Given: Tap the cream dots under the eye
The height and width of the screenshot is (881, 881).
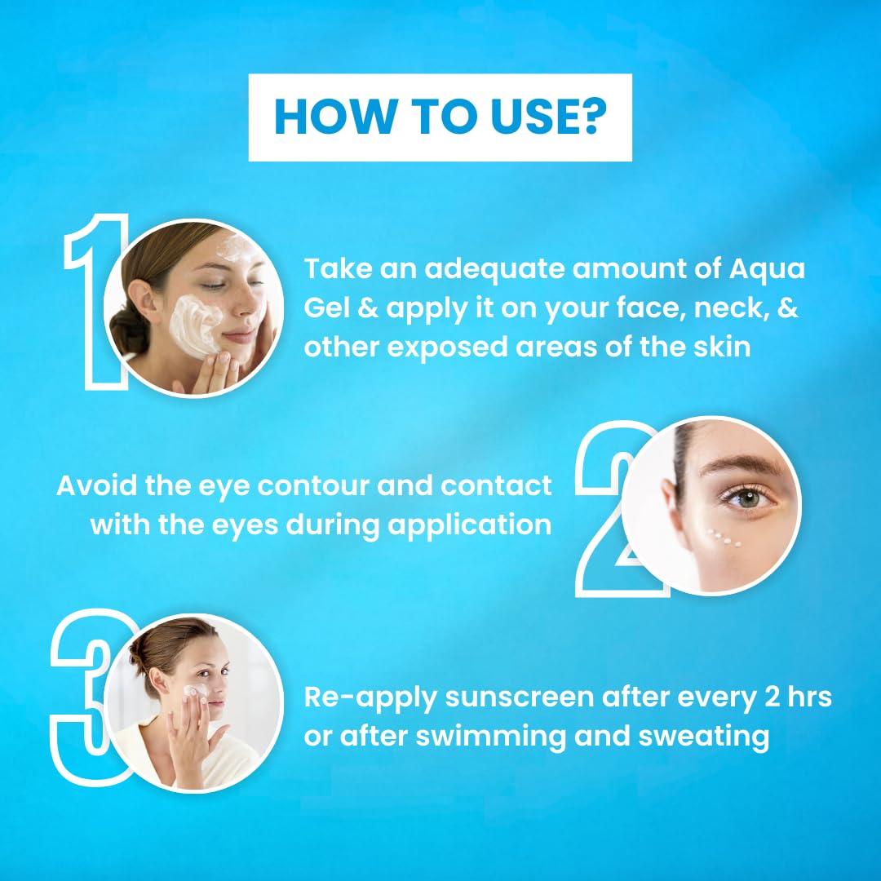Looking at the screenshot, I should (x=724, y=538).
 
